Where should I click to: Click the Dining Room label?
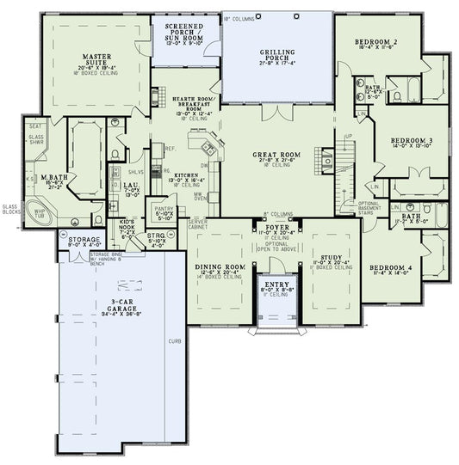pyautogui.click(x=220, y=267)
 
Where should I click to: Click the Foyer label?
pyautogui.click(x=276, y=227)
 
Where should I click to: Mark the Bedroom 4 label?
pyautogui.click(x=391, y=267)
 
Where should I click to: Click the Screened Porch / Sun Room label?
pyautogui.click(x=184, y=31)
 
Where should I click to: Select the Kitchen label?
pyautogui.click(x=188, y=174)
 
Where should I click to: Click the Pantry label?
pyautogui.click(x=163, y=209)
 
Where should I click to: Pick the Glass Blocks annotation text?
pyautogui.click(x=9, y=209)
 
